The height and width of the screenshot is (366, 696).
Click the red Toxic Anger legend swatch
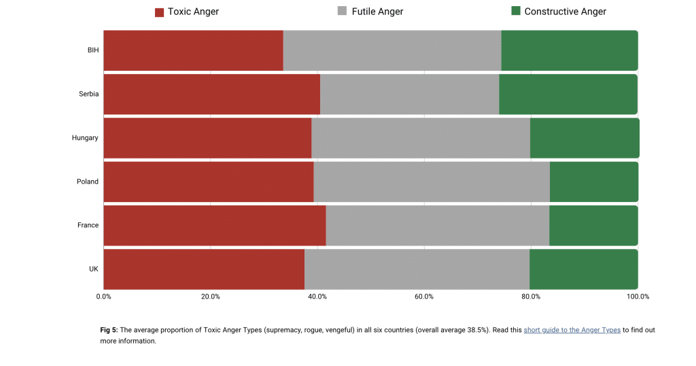160,12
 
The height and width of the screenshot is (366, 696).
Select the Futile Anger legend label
377,12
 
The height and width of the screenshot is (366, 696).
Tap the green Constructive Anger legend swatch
516,11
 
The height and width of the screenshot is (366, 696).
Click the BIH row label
92,50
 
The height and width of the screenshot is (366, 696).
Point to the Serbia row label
88,94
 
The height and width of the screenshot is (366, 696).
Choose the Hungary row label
85,137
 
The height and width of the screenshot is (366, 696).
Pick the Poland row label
88,182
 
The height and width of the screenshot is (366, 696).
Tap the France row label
88,225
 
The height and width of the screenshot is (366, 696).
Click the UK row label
94,269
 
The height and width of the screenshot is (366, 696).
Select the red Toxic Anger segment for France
214,225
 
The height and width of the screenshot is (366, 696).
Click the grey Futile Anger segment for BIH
392,50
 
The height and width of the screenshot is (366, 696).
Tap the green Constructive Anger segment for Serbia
568,94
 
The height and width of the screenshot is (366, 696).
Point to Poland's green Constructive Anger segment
594,182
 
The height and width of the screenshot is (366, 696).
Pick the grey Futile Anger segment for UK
417,269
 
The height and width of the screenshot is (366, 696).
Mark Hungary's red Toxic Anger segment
207,137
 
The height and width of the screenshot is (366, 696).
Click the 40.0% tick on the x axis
317,297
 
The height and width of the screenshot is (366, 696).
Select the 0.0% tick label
103,297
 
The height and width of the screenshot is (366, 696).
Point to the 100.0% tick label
638,297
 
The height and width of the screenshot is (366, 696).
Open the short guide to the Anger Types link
572,330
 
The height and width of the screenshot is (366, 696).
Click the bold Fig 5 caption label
109,330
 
